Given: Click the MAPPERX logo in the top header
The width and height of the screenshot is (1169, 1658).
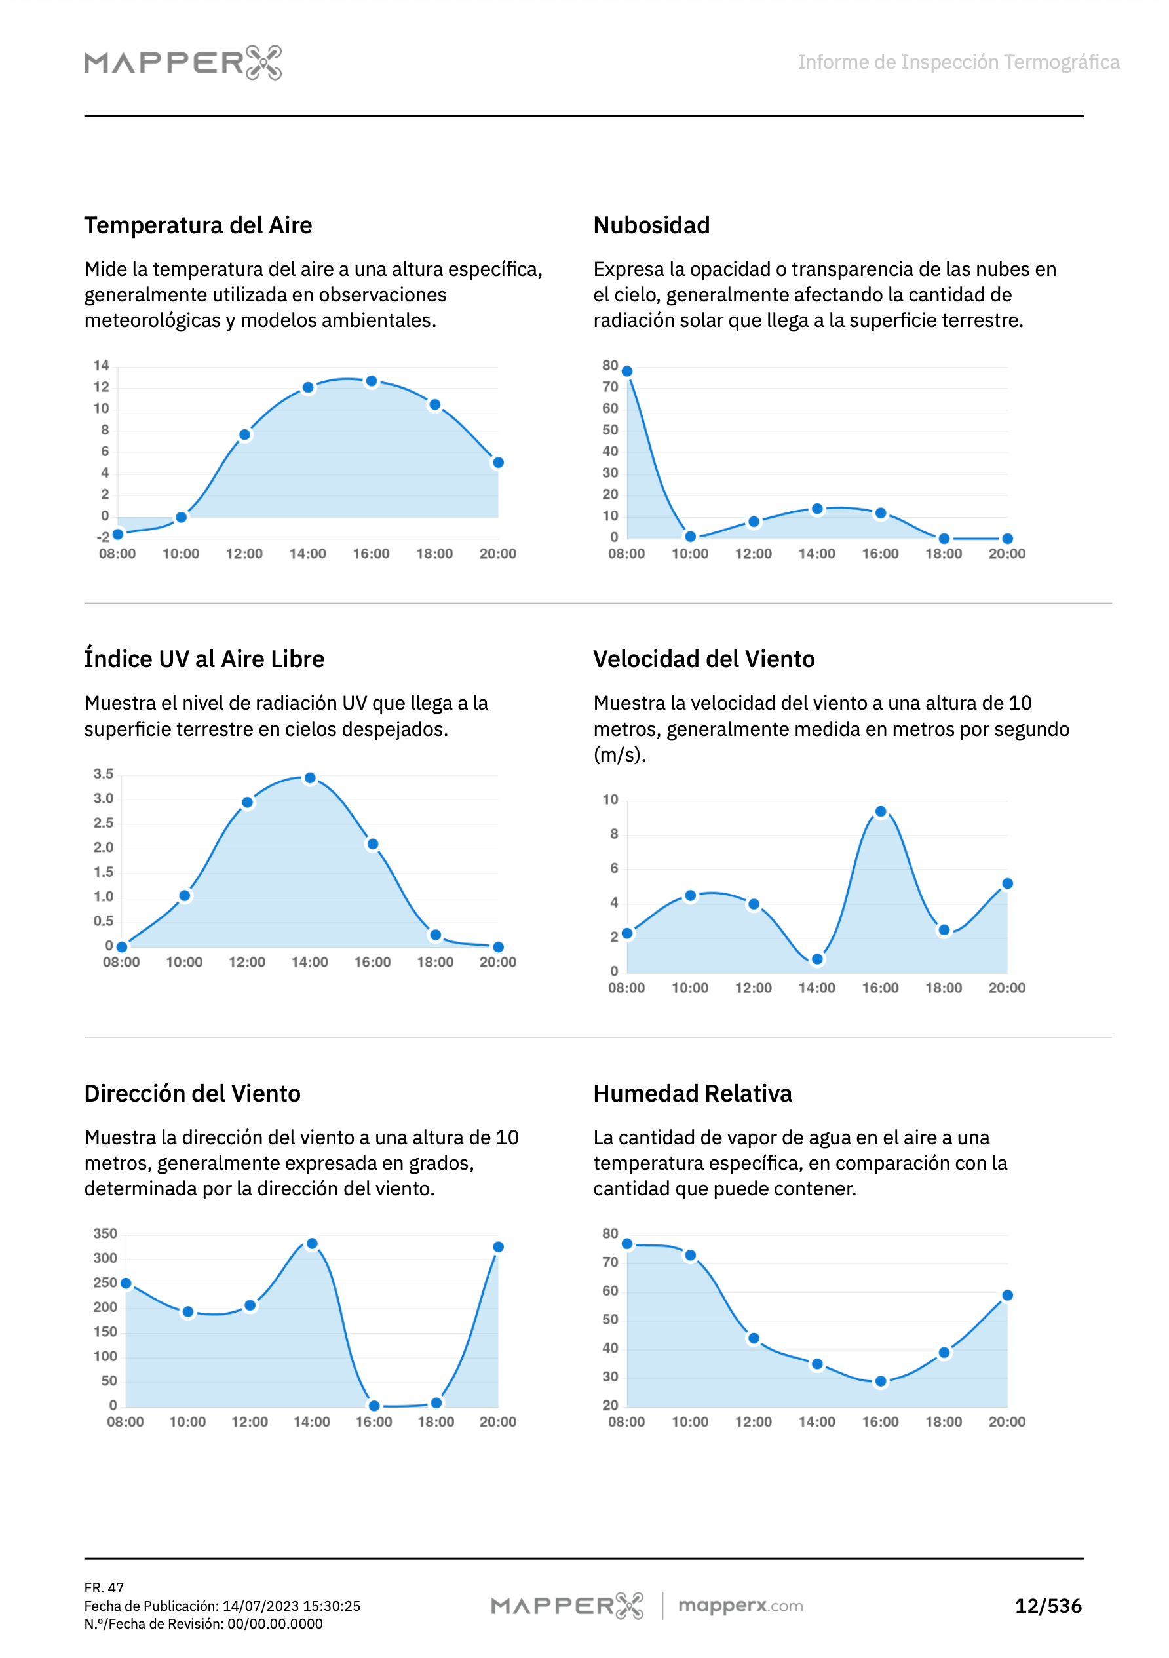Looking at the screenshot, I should (x=183, y=62).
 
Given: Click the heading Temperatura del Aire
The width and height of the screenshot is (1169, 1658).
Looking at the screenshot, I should (x=198, y=225).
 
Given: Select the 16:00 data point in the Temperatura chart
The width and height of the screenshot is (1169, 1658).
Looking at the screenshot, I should (x=371, y=381).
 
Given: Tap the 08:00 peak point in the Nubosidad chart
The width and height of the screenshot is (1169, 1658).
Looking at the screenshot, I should (x=626, y=371).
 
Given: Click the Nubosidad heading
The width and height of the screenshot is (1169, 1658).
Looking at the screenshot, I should (x=651, y=225).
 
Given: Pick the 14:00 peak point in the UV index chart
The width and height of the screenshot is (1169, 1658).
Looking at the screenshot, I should (x=310, y=778).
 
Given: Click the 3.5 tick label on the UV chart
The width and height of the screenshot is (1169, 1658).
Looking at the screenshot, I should (x=104, y=774).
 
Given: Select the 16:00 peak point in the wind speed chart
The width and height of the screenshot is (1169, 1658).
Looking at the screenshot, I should (x=880, y=812).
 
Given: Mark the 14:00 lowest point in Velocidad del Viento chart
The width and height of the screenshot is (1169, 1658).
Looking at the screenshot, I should (x=816, y=959).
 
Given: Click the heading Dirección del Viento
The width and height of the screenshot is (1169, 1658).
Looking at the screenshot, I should (x=192, y=1093).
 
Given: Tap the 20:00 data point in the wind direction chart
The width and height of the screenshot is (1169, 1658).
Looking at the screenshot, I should (x=498, y=1247).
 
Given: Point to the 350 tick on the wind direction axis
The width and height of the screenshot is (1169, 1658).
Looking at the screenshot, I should (x=105, y=1233).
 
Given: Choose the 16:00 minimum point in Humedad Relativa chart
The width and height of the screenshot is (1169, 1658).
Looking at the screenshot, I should (x=880, y=1381).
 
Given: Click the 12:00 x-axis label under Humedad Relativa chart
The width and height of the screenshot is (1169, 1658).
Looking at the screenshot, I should (x=753, y=1422).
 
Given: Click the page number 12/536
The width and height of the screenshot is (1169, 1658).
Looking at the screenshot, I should (x=1048, y=1606).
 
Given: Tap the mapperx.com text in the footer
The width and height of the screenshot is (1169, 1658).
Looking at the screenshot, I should (x=740, y=1606).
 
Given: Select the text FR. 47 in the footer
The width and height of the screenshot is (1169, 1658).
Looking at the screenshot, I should (x=104, y=1587).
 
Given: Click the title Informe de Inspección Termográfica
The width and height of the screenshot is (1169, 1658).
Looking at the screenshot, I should (x=957, y=62).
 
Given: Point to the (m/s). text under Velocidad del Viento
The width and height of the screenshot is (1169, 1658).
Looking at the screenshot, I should (x=619, y=755).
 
